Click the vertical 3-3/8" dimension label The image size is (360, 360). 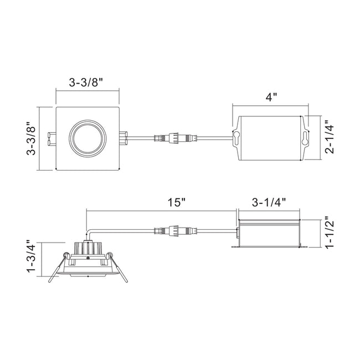pos(31,138)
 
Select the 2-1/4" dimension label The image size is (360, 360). pos(330,137)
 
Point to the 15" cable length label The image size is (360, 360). pos(177,203)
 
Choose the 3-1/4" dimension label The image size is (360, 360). pos(269,203)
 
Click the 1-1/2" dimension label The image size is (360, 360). pos(330,232)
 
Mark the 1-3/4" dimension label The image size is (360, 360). pos(31,256)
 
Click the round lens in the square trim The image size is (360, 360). pos(88,138)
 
